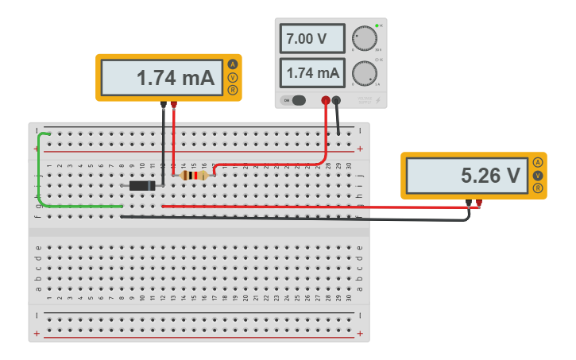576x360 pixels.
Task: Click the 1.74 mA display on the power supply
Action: (x=312, y=73)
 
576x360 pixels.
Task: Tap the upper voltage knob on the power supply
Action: (x=364, y=38)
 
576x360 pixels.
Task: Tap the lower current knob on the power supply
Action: (x=364, y=73)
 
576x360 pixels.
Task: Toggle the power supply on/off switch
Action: (x=296, y=100)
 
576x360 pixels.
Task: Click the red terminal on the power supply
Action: (x=326, y=100)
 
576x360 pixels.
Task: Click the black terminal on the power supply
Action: (x=337, y=100)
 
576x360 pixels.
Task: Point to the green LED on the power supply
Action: (x=377, y=26)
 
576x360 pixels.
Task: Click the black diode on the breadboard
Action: (x=143, y=185)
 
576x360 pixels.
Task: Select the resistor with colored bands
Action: (x=193, y=175)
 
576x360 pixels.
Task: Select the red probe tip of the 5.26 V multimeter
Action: (x=478, y=203)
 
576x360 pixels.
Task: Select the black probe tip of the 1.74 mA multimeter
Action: (x=164, y=104)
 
